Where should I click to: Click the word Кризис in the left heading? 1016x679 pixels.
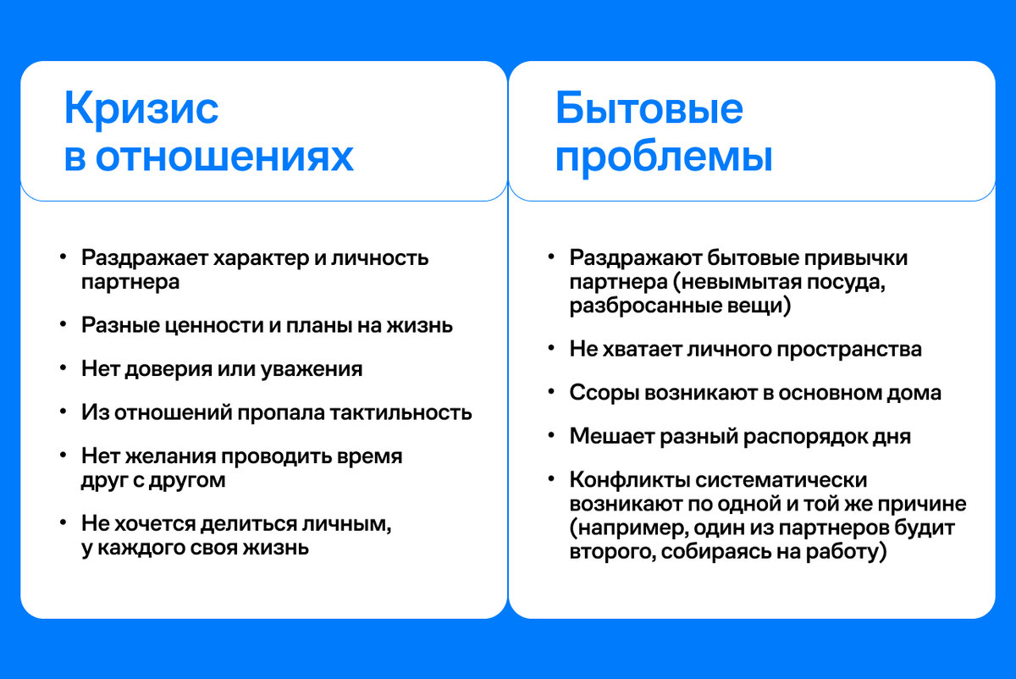[x=141, y=110]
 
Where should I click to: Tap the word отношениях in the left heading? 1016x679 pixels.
[x=224, y=157]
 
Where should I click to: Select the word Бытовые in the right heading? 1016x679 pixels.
[x=649, y=110]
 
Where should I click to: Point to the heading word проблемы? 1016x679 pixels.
[x=664, y=157]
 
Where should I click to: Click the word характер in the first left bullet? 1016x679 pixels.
[x=262, y=257]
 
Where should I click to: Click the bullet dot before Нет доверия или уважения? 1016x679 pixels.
[x=63, y=368]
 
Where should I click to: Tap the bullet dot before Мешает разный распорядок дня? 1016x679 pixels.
[x=552, y=437]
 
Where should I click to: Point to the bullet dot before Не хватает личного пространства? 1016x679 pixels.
[x=552, y=349]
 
